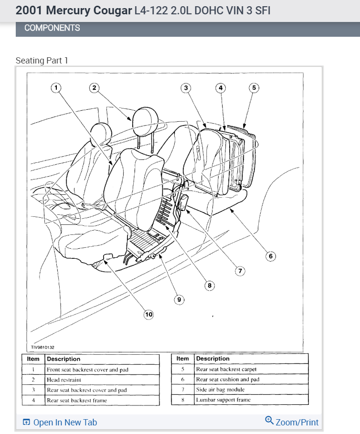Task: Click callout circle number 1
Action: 56,87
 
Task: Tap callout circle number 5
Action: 254,87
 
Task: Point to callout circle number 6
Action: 270,256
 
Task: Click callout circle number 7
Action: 240,271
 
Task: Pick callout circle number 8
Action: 209,286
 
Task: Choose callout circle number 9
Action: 180,300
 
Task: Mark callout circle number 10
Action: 148,314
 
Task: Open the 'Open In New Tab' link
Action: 60,423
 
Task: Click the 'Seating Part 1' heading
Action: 42,61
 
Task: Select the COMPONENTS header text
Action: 52,28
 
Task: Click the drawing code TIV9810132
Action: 42,348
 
